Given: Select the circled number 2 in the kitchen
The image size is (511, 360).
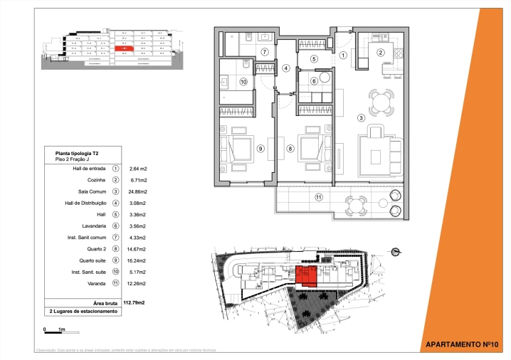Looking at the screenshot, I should [x=380, y=52].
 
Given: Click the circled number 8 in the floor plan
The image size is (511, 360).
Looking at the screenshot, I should [x=290, y=149].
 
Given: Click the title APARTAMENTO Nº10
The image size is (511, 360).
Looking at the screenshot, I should [x=460, y=344].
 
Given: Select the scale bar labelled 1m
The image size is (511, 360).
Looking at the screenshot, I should [x=54, y=330].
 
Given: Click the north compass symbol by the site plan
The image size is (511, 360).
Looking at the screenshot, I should [x=395, y=250].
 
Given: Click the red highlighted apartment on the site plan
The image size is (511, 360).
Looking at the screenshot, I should [x=306, y=275].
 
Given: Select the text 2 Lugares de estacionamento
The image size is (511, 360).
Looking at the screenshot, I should [x=83, y=312].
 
